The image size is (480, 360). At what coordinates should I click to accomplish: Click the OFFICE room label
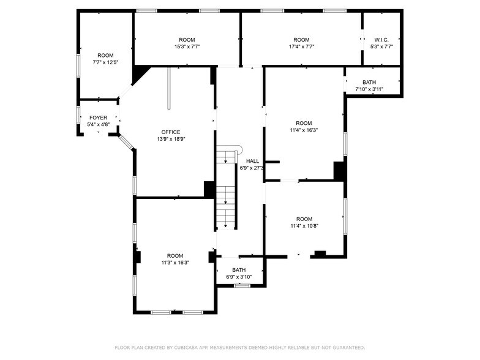click(x=171, y=132)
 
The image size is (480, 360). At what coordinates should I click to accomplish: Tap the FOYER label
click(x=98, y=118)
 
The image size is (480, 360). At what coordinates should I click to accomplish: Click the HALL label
click(x=252, y=161)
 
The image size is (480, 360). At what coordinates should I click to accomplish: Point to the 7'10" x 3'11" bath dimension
click(x=369, y=89)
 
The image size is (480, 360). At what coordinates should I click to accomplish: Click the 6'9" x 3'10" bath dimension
click(x=239, y=277)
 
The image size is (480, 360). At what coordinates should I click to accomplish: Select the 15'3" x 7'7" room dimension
click(x=187, y=47)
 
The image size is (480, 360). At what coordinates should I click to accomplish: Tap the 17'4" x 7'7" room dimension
click(x=301, y=47)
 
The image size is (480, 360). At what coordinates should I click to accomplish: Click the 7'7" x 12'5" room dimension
click(x=105, y=62)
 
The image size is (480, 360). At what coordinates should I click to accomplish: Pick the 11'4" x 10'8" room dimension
click(x=304, y=226)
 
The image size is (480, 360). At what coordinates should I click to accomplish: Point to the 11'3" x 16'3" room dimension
click(x=175, y=263)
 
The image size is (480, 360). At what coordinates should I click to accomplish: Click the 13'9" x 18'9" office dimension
click(x=171, y=139)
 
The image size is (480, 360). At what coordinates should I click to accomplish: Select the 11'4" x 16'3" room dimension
click(x=304, y=130)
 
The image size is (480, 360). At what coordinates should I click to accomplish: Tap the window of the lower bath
click(x=242, y=285)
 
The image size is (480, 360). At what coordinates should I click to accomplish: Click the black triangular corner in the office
click(x=139, y=73)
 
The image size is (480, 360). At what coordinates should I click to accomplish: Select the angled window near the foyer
click(x=126, y=142)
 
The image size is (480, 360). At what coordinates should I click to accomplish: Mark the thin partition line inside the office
click(x=169, y=88)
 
